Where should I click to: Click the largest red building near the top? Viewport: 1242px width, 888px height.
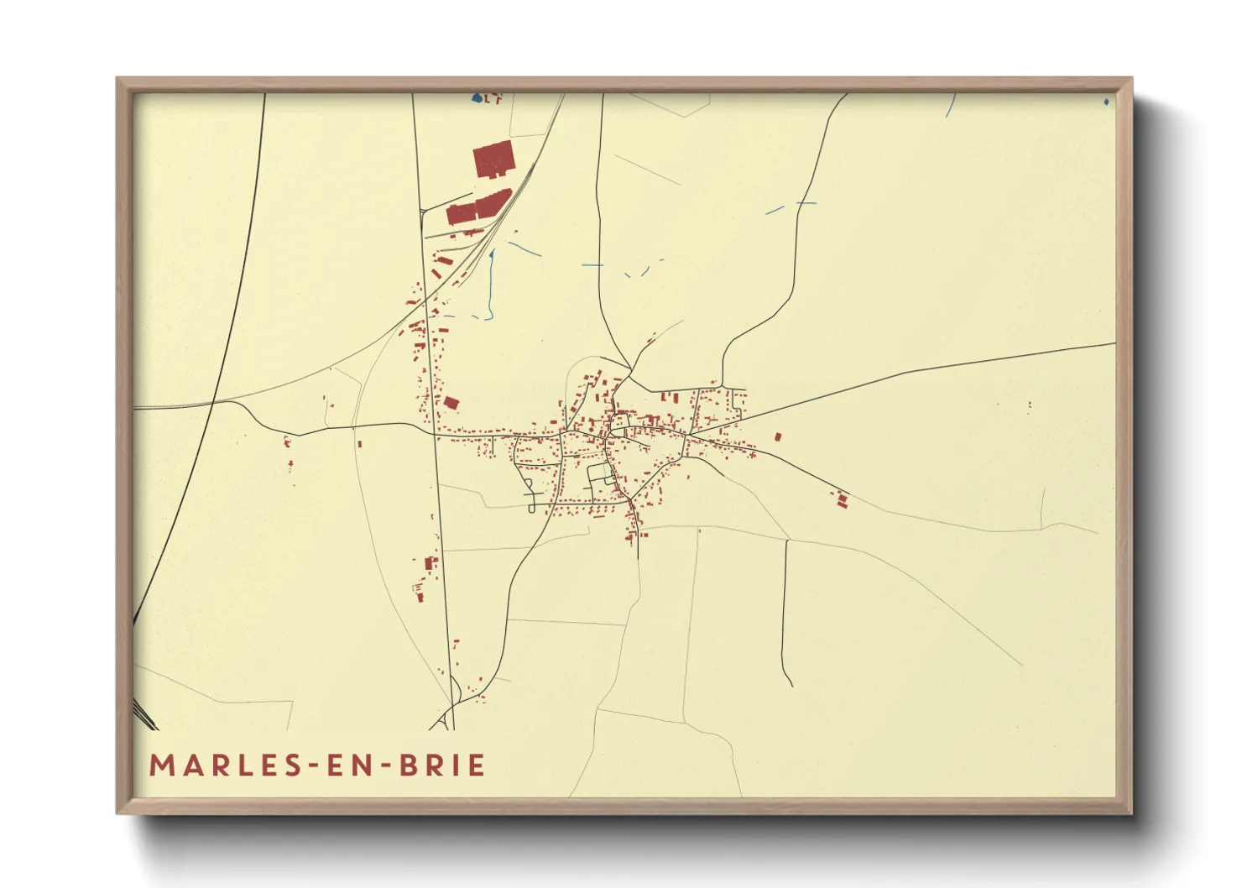pos(493,159)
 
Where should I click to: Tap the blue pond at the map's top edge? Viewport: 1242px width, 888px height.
pos(477,98)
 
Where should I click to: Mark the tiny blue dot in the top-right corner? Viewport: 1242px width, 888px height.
pos(1106,102)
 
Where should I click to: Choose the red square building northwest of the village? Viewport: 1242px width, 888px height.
pos(451,403)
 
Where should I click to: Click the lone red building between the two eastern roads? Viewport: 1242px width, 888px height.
pos(778,437)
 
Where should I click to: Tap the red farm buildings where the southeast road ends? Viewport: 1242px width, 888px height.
pos(841,500)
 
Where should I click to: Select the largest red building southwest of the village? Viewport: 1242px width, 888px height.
pos(431,563)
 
